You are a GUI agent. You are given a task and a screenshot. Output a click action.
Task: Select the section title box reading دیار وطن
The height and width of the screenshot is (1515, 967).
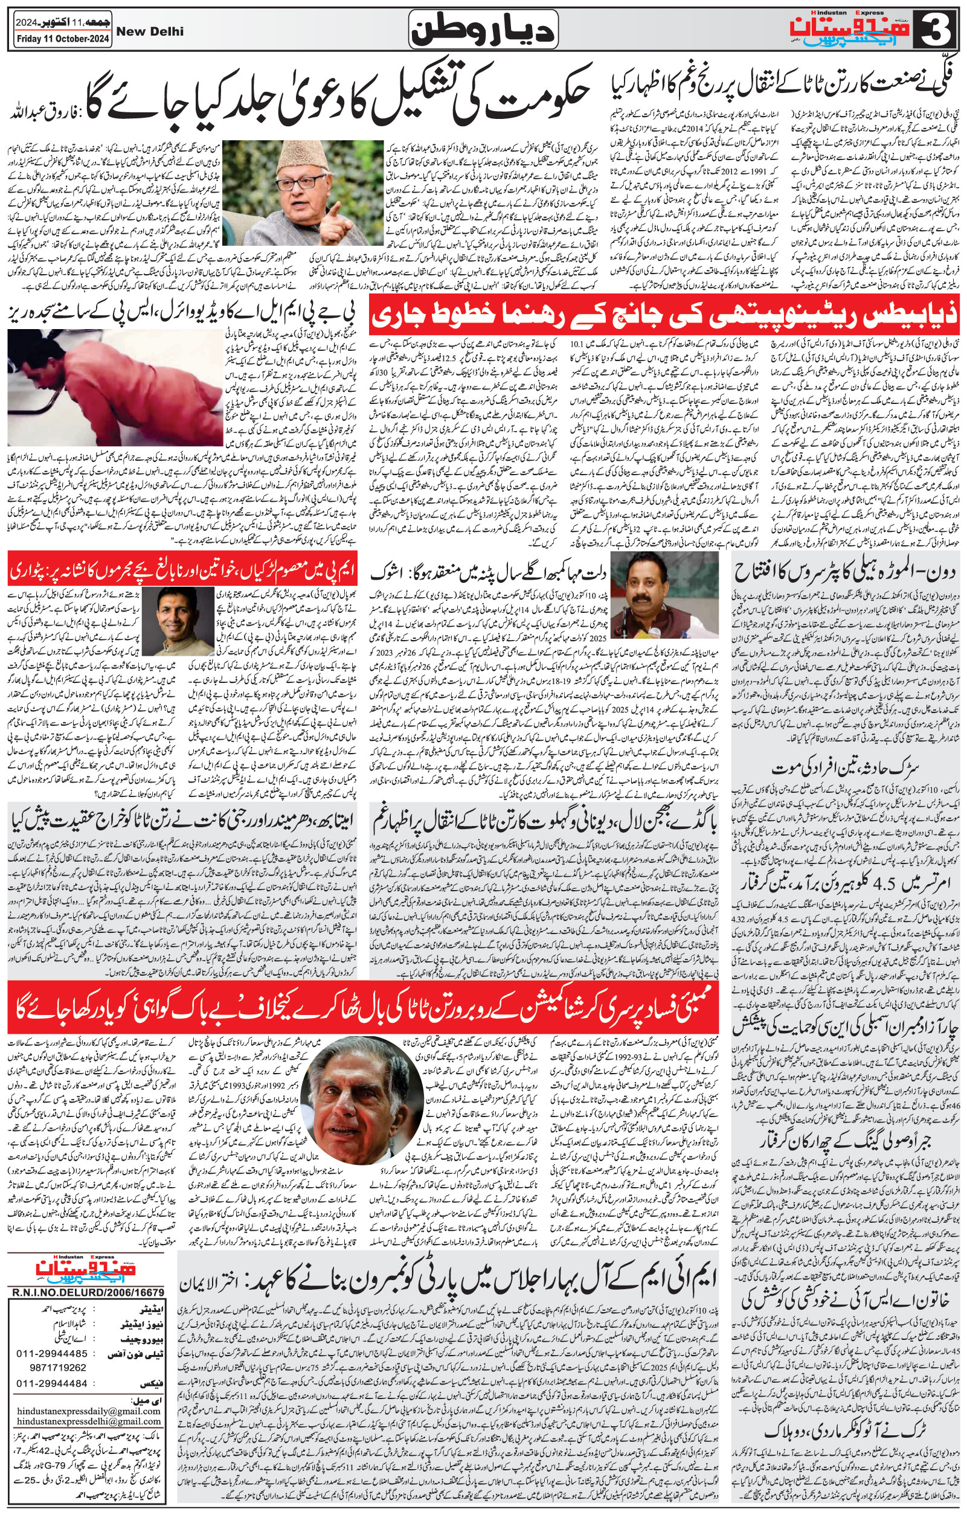tap(483, 30)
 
